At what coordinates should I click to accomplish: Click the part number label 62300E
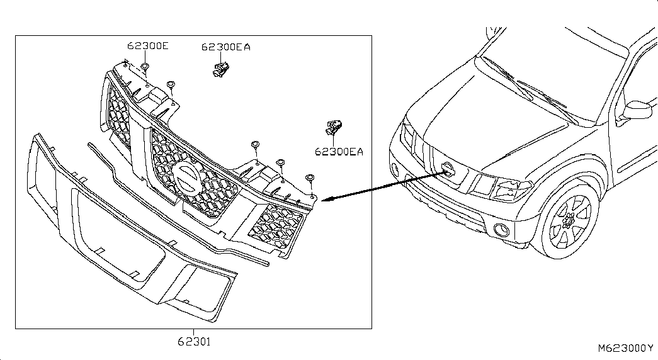pyautogui.click(x=148, y=46)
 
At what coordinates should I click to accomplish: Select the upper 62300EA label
pyautogui.click(x=226, y=47)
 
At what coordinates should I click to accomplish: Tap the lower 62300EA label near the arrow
pyautogui.click(x=339, y=152)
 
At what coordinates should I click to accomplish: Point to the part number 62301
pyautogui.click(x=194, y=342)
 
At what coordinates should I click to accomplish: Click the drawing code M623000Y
pyautogui.click(x=626, y=348)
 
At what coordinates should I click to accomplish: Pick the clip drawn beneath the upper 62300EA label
pyautogui.click(x=221, y=69)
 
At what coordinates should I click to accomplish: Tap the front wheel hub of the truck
pyautogui.click(x=569, y=220)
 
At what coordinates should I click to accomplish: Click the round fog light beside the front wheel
pyautogui.click(x=502, y=230)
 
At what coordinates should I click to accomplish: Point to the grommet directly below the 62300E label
pyautogui.click(x=145, y=66)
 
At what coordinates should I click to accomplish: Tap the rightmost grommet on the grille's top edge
pyautogui.click(x=310, y=178)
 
